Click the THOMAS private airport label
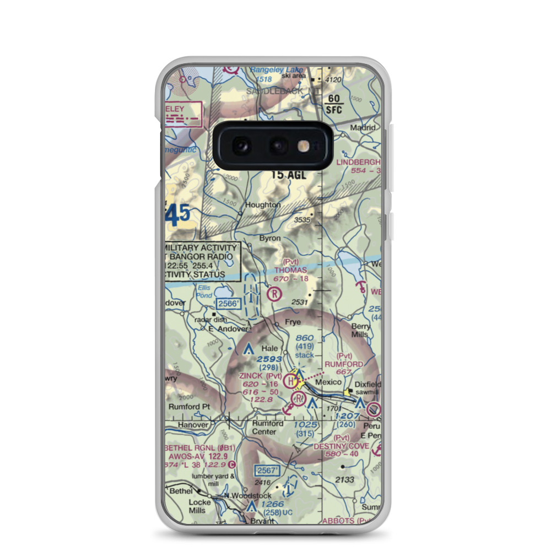[x=291, y=270]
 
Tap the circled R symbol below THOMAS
[x=273, y=294]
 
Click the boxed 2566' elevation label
[x=229, y=304]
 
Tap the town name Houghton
[x=263, y=205]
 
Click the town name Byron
[x=270, y=239]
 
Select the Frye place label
[x=293, y=322]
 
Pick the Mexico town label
[x=328, y=382]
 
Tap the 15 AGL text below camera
[x=288, y=175]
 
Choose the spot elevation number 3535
[x=302, y=220]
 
